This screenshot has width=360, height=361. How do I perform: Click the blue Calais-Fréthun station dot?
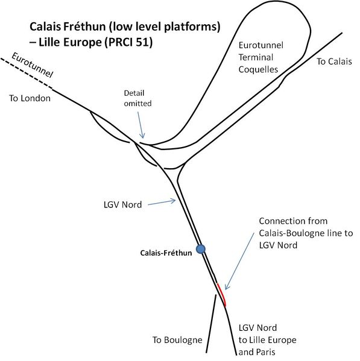pyautogui.click(x=201, y=249)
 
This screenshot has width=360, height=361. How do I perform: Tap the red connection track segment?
pyautogui.click(x=221, y=295)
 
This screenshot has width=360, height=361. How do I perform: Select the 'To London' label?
pyautogui.click(x=30, y=98)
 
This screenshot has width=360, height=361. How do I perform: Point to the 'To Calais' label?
pyautogui.click(x=334, y=61)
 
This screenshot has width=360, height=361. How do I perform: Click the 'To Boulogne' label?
pyautogui.click(x=177, y=340)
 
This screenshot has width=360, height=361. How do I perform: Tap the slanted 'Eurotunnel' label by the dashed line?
pyautogui.click(x=33, y=65)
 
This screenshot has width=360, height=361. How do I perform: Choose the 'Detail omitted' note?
pyautogui.click(x=137, y=98)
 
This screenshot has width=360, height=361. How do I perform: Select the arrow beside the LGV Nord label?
pyautogui.click(x=162, y=202)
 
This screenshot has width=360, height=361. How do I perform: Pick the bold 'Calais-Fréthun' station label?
pyautogui.click(x=166, y=253)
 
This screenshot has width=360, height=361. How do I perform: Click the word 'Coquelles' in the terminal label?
pyautogui.click(x=258, y=69)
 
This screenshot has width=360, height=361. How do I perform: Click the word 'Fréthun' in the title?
pyautogui.click(x=84, y=27)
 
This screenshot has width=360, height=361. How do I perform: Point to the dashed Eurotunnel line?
pyautogui.click(x=27, y=73)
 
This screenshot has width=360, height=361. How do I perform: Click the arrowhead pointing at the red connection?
pyautogui.click(x=227, y=286)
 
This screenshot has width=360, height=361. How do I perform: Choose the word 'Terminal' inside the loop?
pyautogui.click(x=256, y=57)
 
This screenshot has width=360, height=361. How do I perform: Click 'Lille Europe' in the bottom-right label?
pyautogui.click(x=272, y=340)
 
